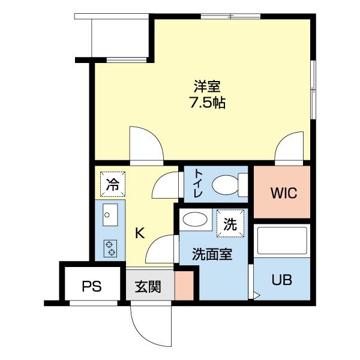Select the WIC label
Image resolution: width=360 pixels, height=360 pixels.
point(283,194)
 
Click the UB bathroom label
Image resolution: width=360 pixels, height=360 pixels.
point(282,280)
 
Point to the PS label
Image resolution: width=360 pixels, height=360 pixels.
point(91,286)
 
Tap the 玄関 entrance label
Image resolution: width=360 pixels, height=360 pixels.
point(148,286)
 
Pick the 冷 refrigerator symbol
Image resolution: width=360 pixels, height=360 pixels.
point(112,185)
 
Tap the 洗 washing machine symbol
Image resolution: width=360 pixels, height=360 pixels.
point(230,224)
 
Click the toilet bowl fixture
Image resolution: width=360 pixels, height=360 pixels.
point(228,184)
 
